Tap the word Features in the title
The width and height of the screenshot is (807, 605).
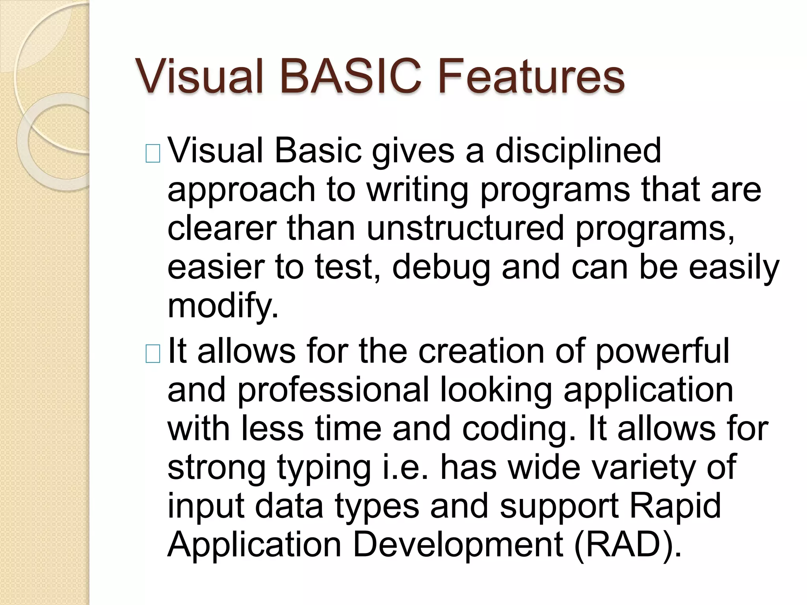pyautogui.click(x=531, y=76)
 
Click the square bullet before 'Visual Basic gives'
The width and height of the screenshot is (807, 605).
pyautogui.click(x=153, y=154)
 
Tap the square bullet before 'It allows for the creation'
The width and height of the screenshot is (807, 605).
pyautogui.click(x=153, y=354)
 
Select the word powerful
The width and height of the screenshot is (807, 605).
pyautogui.click(x=662, y=351)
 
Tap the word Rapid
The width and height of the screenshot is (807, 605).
pyautogui.click(x=675, y=506)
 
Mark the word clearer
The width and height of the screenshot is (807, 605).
pyautogui.click(x=222, y=228)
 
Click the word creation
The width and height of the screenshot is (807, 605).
pyautogui.click(x=481, y=351)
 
